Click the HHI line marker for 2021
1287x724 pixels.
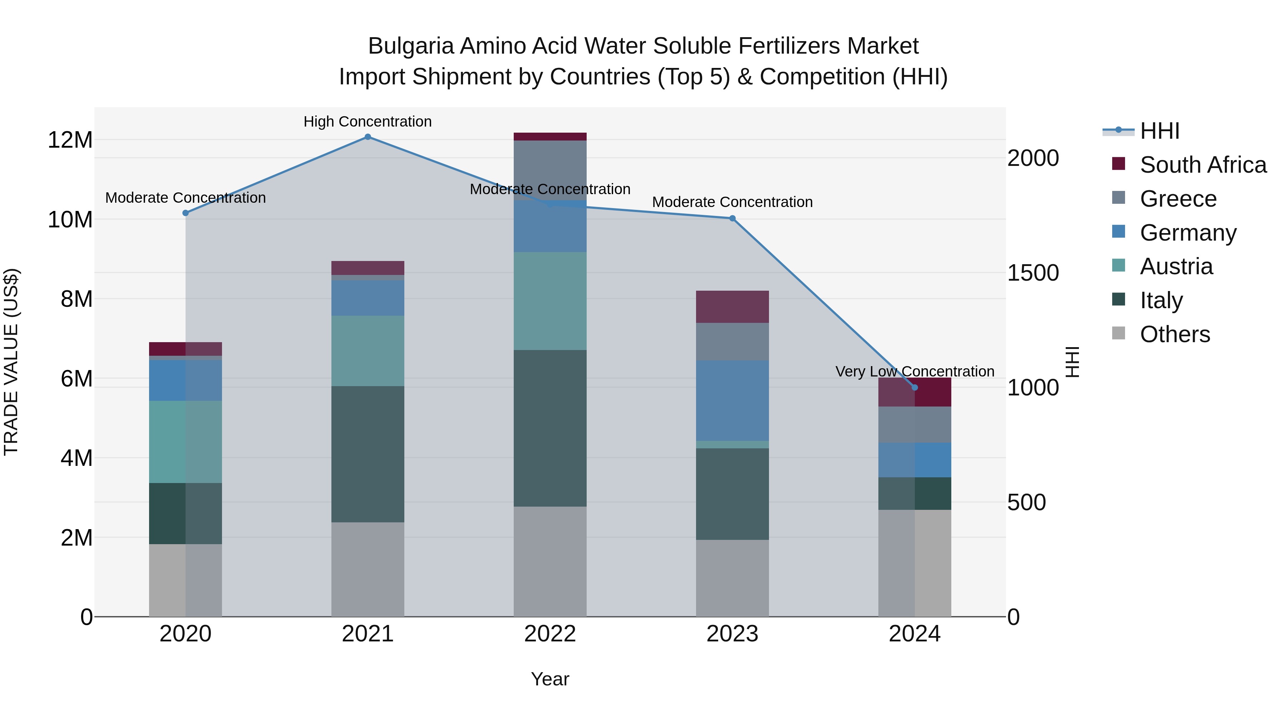click(x=368, y=137)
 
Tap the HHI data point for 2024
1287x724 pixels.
click(x=915, y=387)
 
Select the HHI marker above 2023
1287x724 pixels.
click(x=733, y=218)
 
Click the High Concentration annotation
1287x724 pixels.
click(x=368, y=122)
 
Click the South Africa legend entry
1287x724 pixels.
click(x=1203, y=165)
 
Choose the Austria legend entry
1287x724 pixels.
click(x=1176, y=266)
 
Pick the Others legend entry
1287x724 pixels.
click(x=1175, y=334)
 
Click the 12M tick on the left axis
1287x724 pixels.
click(x=70, y=140)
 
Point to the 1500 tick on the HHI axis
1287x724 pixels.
click(x=1033, y=273)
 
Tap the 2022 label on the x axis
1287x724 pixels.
click(x=550, y=634)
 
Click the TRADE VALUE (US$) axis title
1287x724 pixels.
click(x=11, y=362)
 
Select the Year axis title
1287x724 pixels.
click(x=550, y=679)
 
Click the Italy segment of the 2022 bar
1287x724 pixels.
click(x=550, y=428)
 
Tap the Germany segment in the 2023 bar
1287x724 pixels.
click(x=733, y=401)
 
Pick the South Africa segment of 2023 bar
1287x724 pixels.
click(x=733, y=307)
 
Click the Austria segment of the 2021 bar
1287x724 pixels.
click(x=368, y=351)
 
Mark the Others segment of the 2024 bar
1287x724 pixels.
click(x=915, y=563)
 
